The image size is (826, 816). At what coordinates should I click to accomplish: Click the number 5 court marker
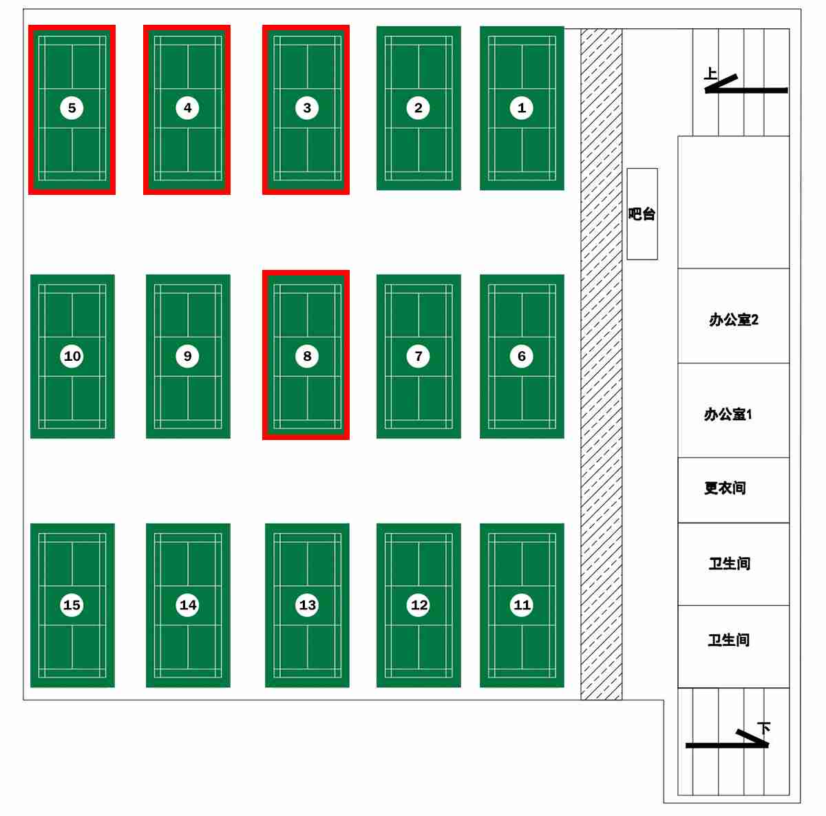[x=72, y=107]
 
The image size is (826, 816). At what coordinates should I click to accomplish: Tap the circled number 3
[x=307, y=107]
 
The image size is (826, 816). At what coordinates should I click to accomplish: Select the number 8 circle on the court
[x=307, y=356]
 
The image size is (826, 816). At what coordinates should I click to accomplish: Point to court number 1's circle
[x=521, y=107]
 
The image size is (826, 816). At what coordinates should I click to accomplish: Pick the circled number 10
[x=72, y=356]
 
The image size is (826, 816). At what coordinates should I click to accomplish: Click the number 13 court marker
[x=307, y=605]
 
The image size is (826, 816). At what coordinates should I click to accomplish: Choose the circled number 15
[x=72, y=605]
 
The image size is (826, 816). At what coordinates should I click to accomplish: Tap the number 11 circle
[x=522, y=605]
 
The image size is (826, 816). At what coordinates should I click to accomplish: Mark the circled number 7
[x=419, y=356]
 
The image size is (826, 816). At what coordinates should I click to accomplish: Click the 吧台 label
[x=642, y=214]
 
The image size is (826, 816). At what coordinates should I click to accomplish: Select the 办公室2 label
[x=734, y=320]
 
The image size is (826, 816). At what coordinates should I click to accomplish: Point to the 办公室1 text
[x=728, y=414]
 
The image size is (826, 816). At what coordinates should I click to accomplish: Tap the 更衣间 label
[x=725, y=488]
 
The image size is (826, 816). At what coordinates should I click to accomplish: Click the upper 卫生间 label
[x=730, y=564]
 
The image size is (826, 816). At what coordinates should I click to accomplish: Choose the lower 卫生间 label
[x=729, y=640]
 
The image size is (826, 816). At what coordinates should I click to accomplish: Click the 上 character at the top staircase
[x=710, y=73]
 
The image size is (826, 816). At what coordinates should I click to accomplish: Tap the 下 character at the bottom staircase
[x=764, y=727]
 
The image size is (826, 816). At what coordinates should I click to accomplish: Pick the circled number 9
[x=188, y=356]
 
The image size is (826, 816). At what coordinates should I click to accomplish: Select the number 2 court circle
[x=419, y=107]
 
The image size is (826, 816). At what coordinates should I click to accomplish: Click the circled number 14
[x=188, y=605]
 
